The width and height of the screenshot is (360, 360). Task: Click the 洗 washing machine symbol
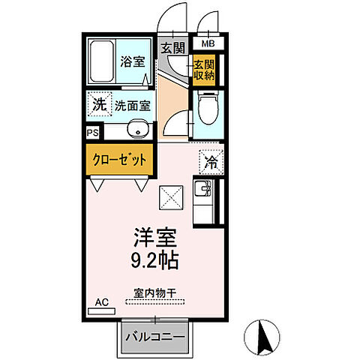click(99, 105)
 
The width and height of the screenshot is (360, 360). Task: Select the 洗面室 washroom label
click(133, 106)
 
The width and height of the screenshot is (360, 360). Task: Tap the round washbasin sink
click(136, 130)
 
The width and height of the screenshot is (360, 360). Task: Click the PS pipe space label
click(92, 133)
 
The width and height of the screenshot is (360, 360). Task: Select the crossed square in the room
click(171, 199)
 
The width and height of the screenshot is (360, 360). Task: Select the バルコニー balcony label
click(154, 337)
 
